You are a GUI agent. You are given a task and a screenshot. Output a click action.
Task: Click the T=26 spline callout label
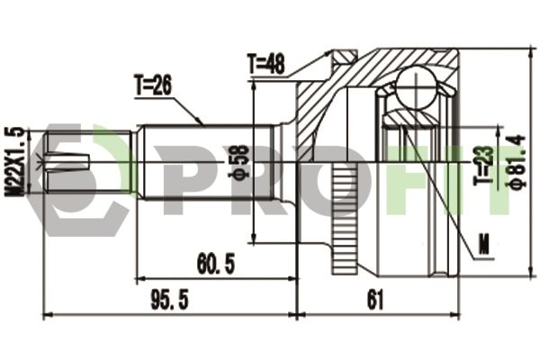(x=153, y=85)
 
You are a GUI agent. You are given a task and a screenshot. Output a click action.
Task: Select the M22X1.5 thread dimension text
(x=14, y=162)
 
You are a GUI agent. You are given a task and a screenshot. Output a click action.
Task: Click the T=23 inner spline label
(x=483, y=166)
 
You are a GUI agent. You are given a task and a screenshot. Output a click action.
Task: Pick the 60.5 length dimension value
(x=216, y=265)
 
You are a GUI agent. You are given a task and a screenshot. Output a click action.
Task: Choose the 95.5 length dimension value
(x=170, y=300)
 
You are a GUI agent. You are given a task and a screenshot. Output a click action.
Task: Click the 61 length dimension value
(x=375, y=300)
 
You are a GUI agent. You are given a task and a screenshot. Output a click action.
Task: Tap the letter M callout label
(x=484, y=244)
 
